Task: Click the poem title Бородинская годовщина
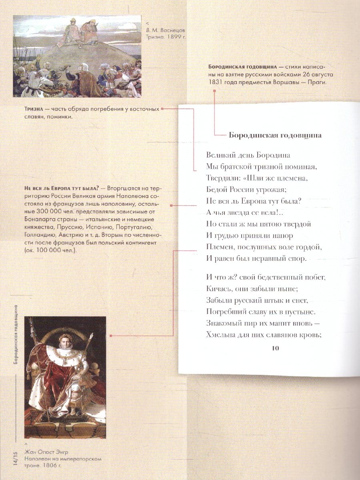[275, 135]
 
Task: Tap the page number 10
[275, 348]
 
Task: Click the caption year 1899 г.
[176, 37]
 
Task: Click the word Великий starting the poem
[222, 154]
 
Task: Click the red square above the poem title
[214, 92]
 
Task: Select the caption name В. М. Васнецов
[166, 30]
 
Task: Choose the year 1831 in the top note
[216, 82]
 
